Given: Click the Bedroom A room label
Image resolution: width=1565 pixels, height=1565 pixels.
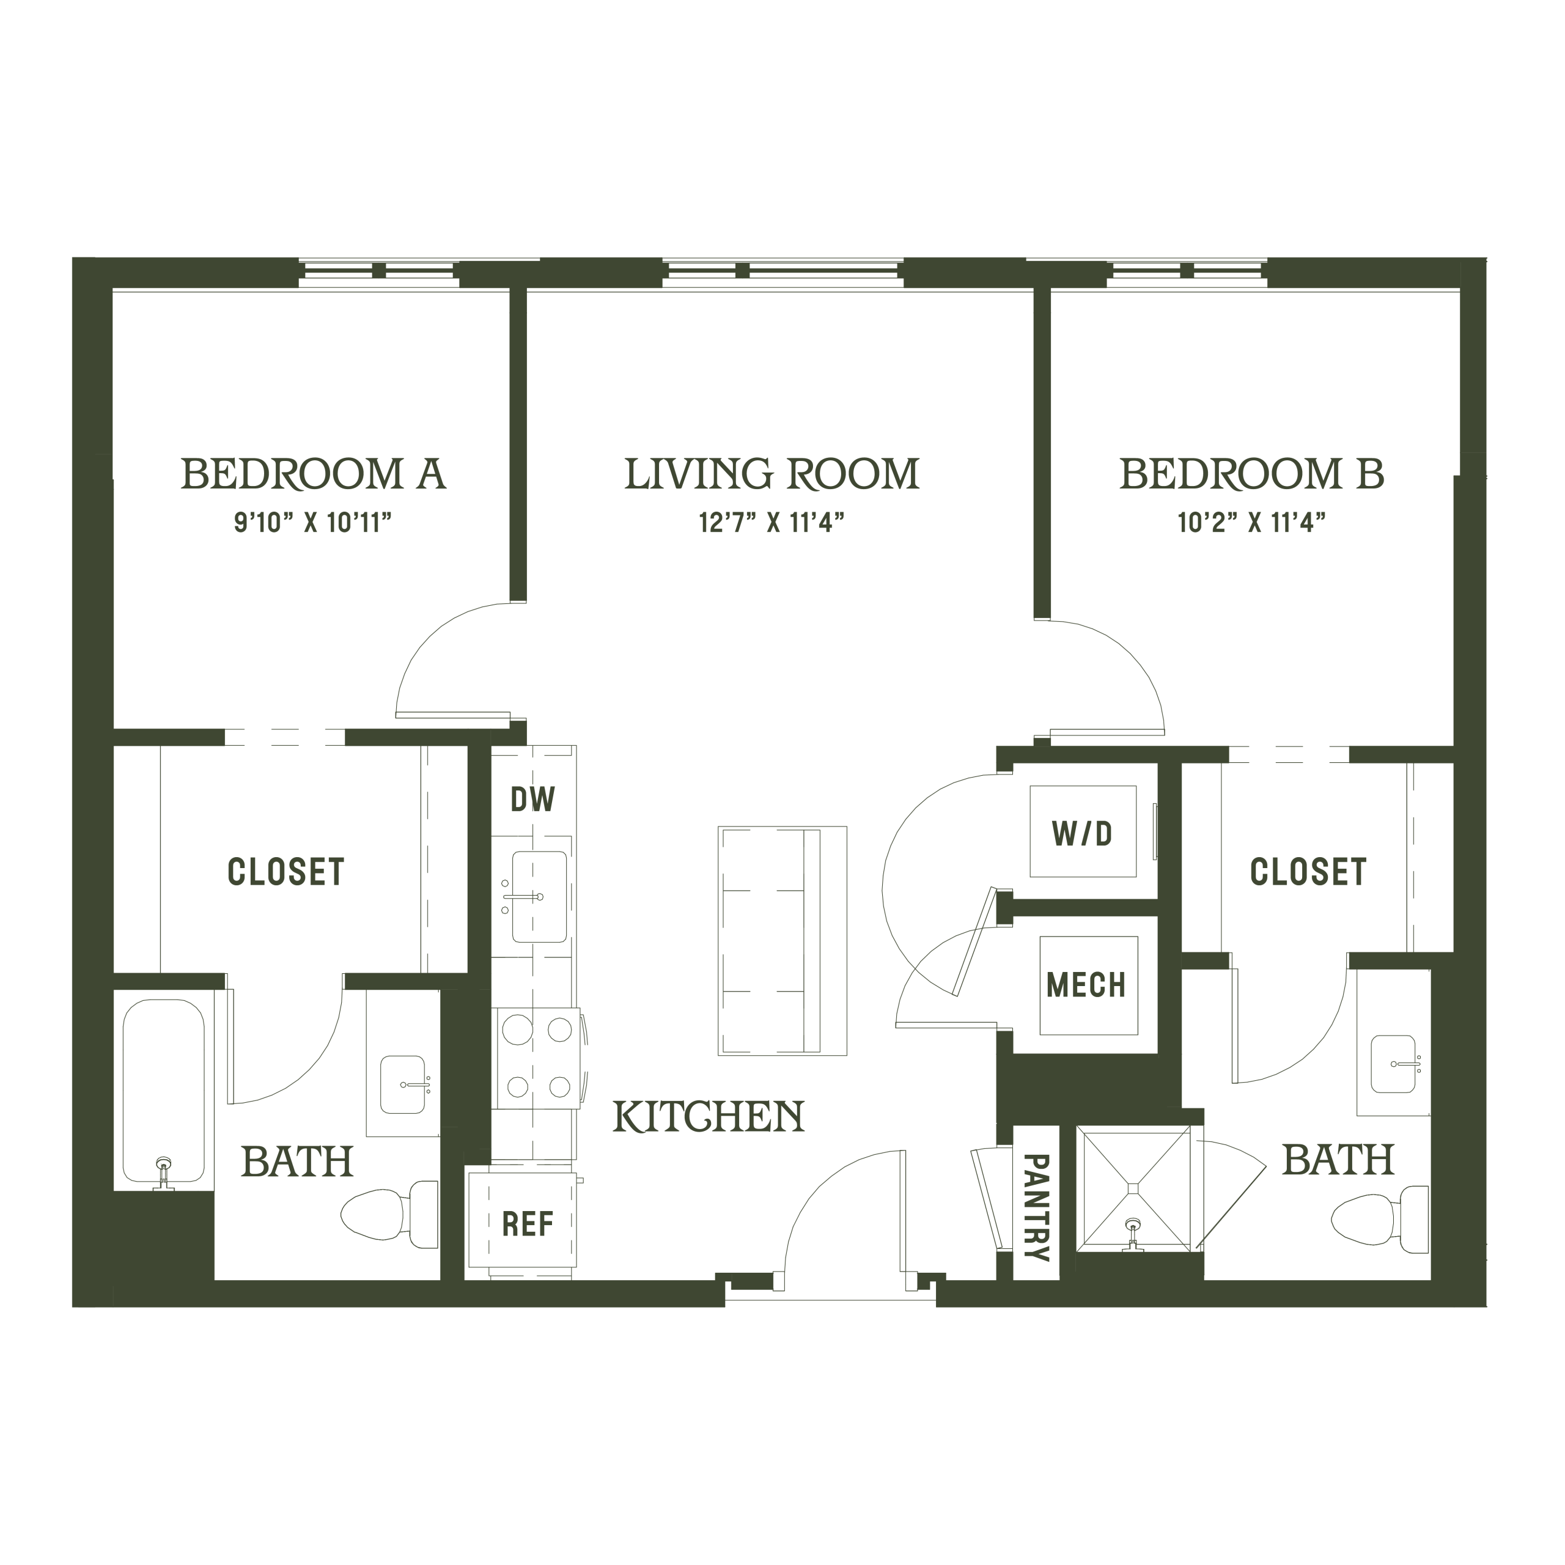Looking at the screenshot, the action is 314,474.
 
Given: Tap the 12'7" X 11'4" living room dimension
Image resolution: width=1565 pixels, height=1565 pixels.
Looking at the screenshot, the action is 772,523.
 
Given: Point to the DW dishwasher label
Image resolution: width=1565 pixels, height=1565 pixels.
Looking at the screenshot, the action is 533,800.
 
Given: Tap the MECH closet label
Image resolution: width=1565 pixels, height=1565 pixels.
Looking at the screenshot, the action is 1086,984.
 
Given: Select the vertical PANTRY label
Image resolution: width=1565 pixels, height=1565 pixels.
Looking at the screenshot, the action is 1037,1208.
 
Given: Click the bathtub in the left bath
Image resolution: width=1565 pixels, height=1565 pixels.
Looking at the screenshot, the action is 164,1089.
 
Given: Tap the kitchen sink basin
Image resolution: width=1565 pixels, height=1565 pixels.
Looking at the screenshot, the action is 539,897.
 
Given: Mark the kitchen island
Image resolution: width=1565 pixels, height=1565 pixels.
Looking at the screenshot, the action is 782,940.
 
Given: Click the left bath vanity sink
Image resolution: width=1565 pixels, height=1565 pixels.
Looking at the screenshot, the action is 403,1084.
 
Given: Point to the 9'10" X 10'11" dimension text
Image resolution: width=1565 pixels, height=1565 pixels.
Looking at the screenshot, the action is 314,523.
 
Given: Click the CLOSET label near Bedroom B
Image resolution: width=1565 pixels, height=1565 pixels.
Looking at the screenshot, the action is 1308,872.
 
